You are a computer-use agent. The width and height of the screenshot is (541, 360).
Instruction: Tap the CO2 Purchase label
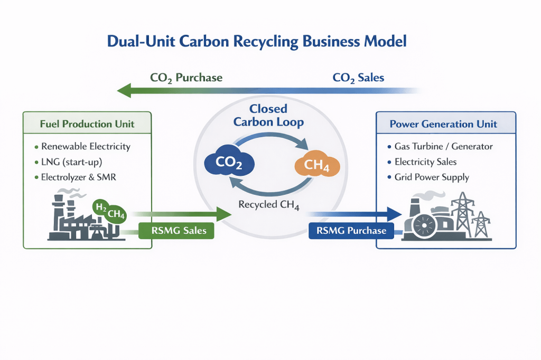click(x=186, y=78)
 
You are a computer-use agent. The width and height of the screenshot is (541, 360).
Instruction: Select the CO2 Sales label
click(x=358, y=78)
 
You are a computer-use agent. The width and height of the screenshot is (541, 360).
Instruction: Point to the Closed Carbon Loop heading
click(x=268, y=116)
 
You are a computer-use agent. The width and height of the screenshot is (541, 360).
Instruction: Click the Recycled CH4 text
click(x=269, y=205)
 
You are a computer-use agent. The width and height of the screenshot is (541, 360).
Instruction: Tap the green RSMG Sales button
click(x=176, y=231)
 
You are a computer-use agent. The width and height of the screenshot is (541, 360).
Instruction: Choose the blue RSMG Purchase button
click(x=351, y=231)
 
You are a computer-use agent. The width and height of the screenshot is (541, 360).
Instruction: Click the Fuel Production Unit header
click(x=87, y=124)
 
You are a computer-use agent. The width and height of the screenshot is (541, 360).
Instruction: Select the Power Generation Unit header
click(x=443, y=124)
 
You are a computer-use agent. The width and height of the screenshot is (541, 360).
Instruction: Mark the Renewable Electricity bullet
click(x=85, y=146)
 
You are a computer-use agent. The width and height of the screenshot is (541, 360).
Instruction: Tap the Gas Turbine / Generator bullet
click(x=443, y=146)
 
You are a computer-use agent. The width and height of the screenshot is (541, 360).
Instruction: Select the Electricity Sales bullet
click(x=425, y=162)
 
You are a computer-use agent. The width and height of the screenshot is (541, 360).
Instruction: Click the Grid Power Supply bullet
click(x=431, y=177)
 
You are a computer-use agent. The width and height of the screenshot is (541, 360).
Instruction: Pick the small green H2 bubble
click(x=99, y=206)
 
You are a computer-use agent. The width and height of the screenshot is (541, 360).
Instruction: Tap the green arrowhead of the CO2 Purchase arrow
click(x=124, y=90)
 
